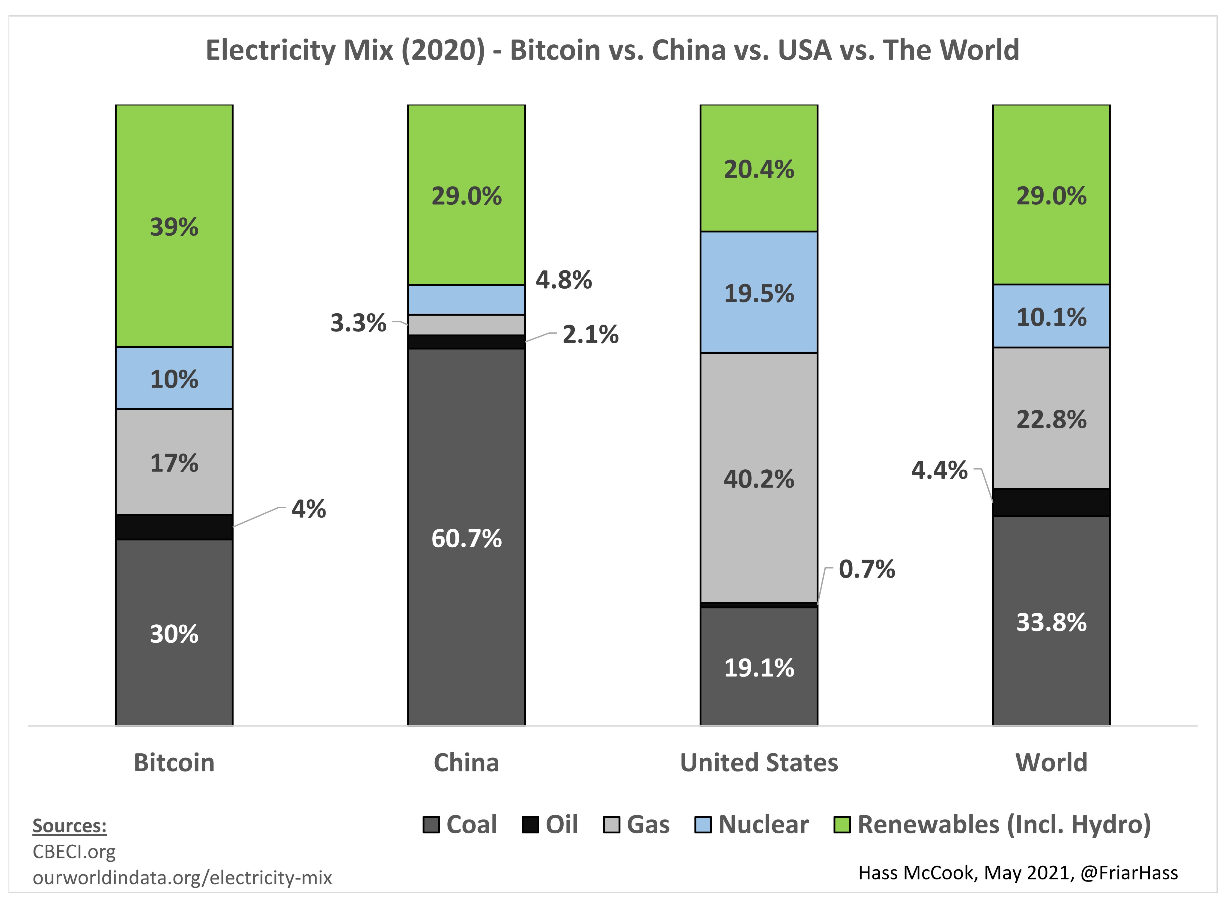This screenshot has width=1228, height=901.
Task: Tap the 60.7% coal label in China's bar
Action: point(466,539)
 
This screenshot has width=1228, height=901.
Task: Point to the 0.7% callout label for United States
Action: point(867,569)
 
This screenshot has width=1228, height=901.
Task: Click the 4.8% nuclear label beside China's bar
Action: point(564,280)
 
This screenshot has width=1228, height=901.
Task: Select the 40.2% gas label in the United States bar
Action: point(759,479)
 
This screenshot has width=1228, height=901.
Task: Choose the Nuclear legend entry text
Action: point(763,825)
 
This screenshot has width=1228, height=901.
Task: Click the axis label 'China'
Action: point(466,763)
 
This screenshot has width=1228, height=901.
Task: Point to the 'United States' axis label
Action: point(759,763)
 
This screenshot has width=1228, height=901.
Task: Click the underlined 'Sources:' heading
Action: point(69,826)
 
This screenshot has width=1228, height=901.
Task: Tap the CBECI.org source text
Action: point(74,852)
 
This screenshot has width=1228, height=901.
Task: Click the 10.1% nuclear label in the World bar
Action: point(1051,317)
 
